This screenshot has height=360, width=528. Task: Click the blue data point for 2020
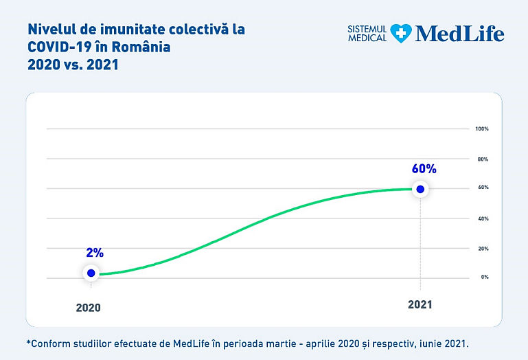pyautogui.click(x=91, y=273)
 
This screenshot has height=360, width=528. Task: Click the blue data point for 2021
pyautogui.click(x=420, y=189)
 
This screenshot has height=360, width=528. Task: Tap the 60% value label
pyautogui.click(x=424, y=168)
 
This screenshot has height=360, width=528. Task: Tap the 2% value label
pyautogui.click(x=95, y=253)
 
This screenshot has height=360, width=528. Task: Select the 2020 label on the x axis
pyautogui.click(x=88, y=308)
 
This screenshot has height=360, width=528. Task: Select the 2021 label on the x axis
pyautogui.click(x=420, y=304)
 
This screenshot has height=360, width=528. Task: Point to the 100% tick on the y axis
pyautogui.click(x=481, y=128)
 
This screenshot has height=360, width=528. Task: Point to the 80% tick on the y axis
pyautogui.click(x=481, y=159)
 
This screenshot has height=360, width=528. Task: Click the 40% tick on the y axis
pyautogui.click(x=481, y=218)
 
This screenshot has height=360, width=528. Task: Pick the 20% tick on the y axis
pyautogui.click(x=481, y=248)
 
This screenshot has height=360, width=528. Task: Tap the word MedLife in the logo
pyautogui.click(x=459, y=33)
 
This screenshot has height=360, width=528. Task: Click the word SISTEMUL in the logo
pyautogui.click(x=368, y=28)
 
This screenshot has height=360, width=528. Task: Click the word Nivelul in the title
pyautogui.click(x=48, y=30)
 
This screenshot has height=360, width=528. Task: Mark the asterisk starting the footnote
pyautogui.click(x=30, y=341)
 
